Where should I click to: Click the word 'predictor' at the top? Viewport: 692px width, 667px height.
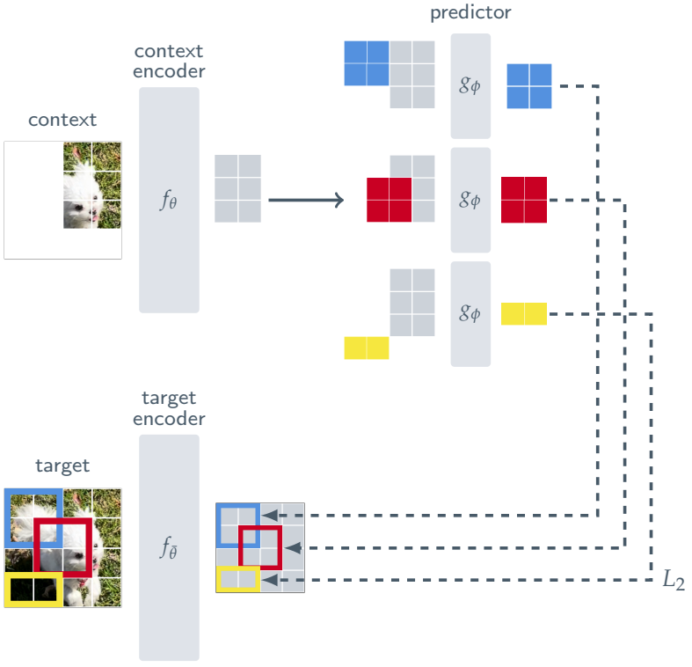click(x=470, y=13)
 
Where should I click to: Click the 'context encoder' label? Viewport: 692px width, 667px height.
click(x=169, y=61)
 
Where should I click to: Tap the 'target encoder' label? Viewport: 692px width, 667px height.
click(x=169, y=408)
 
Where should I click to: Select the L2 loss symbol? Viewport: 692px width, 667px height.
click(x=673, y=581)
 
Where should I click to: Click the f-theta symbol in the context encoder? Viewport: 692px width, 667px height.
click(x=169, y=200)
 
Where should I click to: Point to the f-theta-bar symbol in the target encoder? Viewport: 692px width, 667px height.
click(x=169, y=547)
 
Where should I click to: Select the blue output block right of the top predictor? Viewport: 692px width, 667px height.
click(x=529, y=86)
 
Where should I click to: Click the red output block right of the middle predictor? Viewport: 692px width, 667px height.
click(x=524, y=200)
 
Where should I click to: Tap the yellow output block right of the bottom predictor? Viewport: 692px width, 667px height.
click(x=524, y=313)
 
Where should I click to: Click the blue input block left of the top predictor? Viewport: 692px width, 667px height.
click(x=367, y=63)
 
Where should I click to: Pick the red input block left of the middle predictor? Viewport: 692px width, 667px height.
click(x=390, y=200)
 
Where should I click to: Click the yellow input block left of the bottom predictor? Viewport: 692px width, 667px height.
click(x=367, y=348)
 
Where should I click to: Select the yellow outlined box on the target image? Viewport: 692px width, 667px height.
click(x=33, y=589)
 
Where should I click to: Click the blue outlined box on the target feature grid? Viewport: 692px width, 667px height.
click(x=238, y=524)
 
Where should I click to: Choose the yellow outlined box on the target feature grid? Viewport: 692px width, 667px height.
click(x=238, y=579)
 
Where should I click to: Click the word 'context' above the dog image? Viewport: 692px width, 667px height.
click(x=62, y=120)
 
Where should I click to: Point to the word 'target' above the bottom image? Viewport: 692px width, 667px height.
click(x=62, y=465)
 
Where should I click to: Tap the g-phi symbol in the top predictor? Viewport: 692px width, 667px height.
click(x=470, y=86)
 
